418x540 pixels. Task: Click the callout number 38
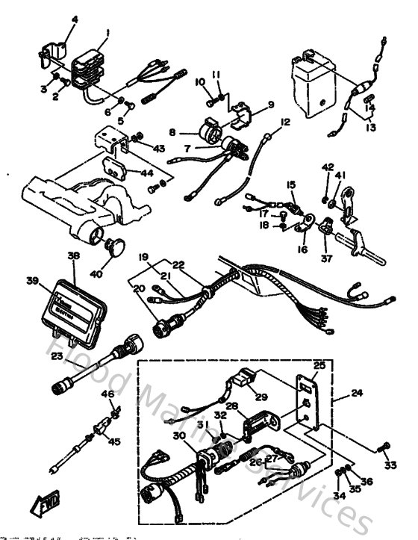pos(73,255)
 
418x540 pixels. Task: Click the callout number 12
pos(285,121)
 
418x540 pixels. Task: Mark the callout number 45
pos(113,441)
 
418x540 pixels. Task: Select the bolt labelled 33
pos(383,447)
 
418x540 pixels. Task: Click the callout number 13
pos(371,128)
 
